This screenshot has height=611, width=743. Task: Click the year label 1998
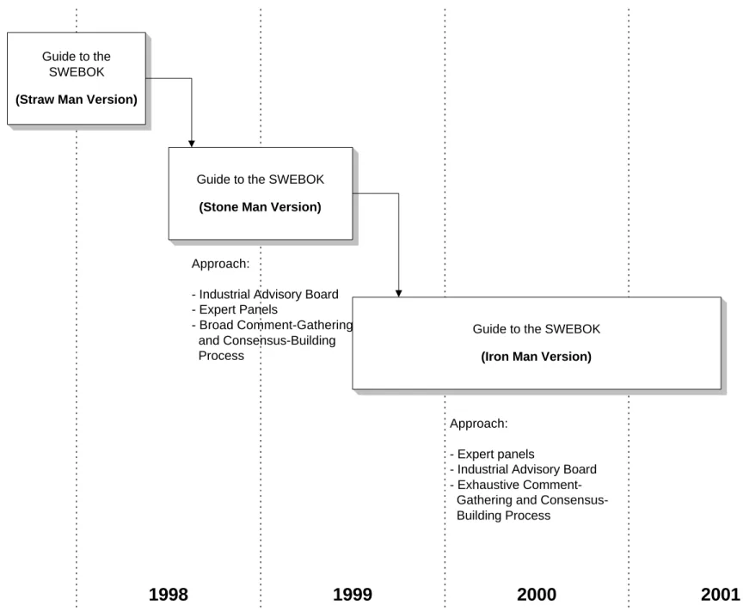coord(169,595)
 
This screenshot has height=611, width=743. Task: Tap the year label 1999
coord(353,595)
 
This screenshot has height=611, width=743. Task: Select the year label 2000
coord(537,595)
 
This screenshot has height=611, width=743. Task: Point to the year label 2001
coord(721,595)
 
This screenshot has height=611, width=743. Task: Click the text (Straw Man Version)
coord(77,100)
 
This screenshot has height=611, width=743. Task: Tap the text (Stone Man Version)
coord(261,207)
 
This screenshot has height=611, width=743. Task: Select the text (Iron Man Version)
coord(537,357)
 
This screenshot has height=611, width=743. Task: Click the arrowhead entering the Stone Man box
coord(192,144)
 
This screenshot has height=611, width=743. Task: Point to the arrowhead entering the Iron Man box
coord(398,294)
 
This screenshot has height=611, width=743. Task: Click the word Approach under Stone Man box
coord(220,264)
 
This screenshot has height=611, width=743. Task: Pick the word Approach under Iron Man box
coord(479,424)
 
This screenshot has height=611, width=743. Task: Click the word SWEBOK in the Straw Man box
coord(77,72)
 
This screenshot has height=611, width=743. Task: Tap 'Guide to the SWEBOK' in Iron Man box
coord(537,329)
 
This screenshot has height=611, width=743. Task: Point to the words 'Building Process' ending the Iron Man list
coord(504,516)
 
